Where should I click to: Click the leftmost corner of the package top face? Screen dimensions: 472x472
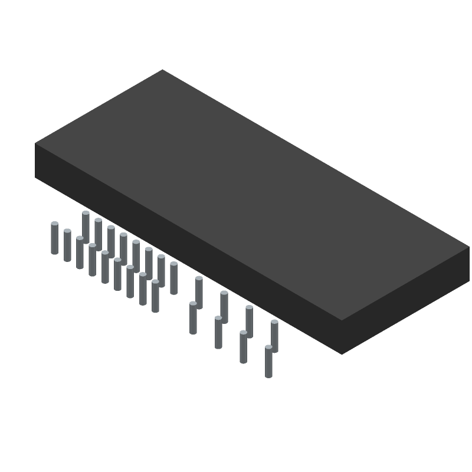(35, 143)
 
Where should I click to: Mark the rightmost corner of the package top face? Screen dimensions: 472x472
(470, 247)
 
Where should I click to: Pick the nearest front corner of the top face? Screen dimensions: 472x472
(342, 320)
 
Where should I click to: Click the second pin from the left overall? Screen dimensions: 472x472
(67, 245)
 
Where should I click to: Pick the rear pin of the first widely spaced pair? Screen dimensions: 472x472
(199, 292)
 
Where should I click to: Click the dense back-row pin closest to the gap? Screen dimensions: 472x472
(173, 278)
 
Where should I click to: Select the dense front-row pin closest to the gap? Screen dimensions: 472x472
(155, 296)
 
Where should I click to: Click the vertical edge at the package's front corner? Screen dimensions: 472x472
(342, 337)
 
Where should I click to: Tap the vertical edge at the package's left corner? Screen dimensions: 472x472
(35, 160)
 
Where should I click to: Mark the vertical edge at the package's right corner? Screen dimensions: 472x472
(469, 264)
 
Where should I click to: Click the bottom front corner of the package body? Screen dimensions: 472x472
(342, 354)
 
